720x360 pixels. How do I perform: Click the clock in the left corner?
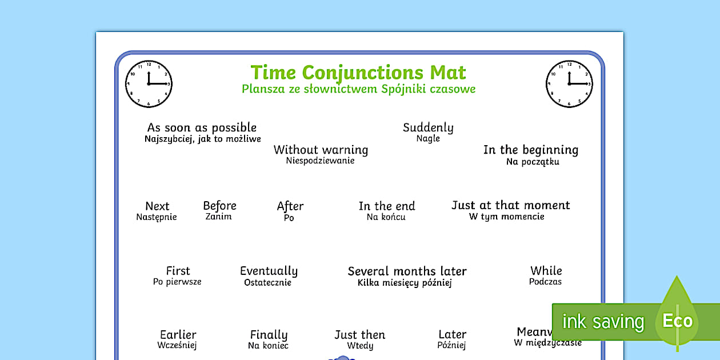click(149, 85)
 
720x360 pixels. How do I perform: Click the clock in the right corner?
click(569, 85)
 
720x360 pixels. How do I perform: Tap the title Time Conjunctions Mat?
click(358, 73)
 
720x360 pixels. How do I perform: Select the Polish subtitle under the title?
click(358, 89)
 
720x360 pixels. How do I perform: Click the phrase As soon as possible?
click(202, 127)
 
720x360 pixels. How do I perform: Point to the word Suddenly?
click(428, 127)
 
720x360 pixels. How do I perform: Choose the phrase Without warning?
click(321, 150)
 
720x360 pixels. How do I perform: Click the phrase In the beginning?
click(530, 150)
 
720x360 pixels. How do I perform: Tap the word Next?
click(157, 206)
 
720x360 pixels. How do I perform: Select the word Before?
click(219, 206)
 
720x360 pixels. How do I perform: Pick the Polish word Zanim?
click(219, 217)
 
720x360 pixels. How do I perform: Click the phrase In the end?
click(387, 206)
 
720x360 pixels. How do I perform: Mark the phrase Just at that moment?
click(510, 205)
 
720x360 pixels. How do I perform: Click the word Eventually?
click(269, 271)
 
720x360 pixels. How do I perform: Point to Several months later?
click(407, 271)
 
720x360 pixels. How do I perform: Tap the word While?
click(546, 270)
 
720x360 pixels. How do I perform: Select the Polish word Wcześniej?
click(177, 345)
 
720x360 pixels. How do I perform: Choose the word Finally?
click(269, 335)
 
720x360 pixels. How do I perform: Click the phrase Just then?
click(360, 335)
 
